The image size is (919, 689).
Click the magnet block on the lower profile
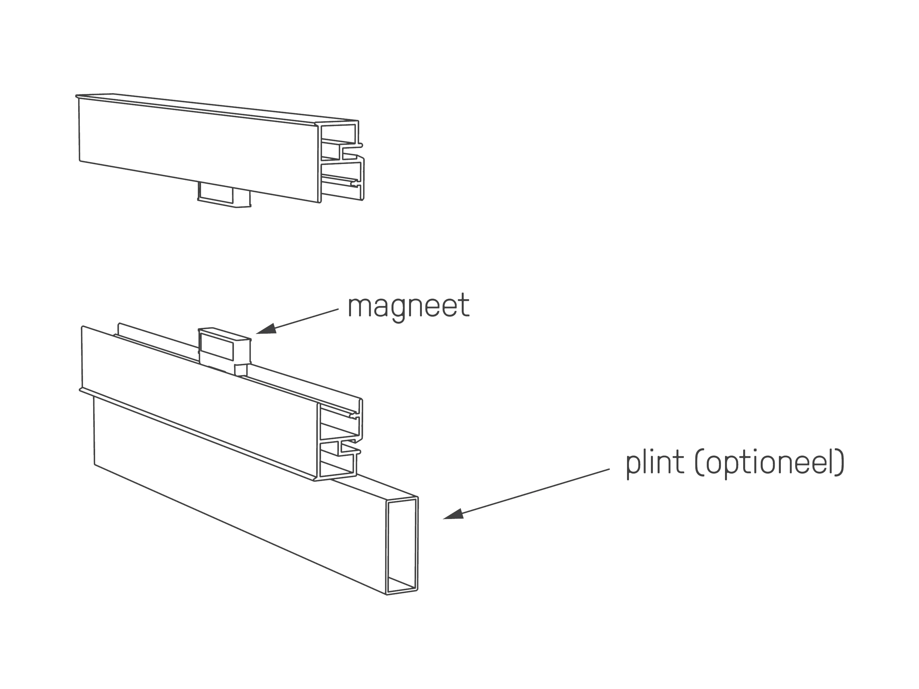click(224, 347)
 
